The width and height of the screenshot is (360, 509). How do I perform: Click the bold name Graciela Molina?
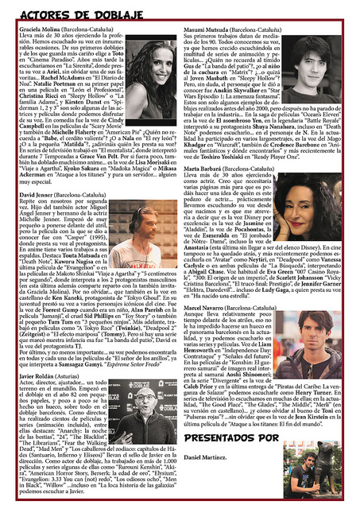click(x=39, y=26)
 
